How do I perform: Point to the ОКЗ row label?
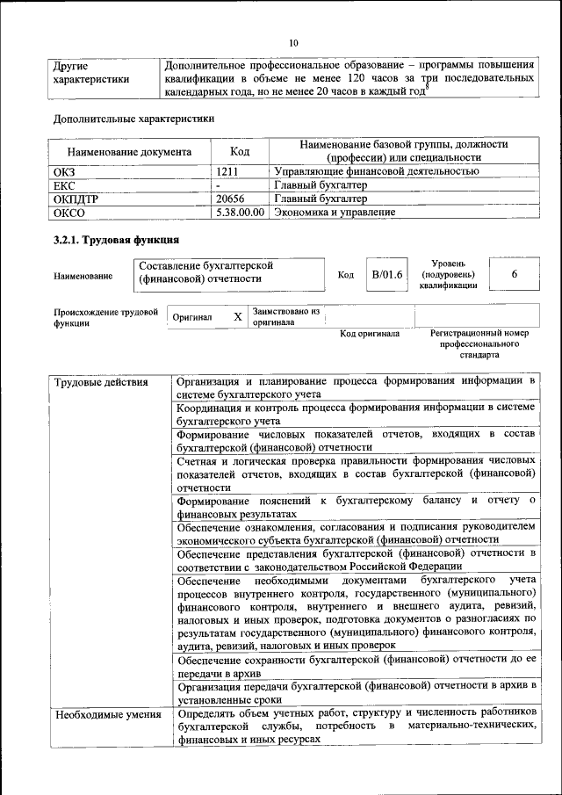point(67,171)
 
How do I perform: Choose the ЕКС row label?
point(66,185)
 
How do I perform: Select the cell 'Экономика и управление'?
point(335,212)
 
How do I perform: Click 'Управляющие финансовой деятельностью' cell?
point(377,171)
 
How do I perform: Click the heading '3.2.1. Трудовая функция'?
point(116,240)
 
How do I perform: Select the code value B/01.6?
point(387,275)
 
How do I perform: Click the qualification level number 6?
point(514,275)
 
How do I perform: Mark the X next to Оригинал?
point(237,316)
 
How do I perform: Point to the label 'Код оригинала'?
point(370,334)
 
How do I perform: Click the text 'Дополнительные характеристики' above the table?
point(133,118)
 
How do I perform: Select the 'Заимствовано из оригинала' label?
point(286,316)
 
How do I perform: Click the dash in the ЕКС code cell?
point(219,185)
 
